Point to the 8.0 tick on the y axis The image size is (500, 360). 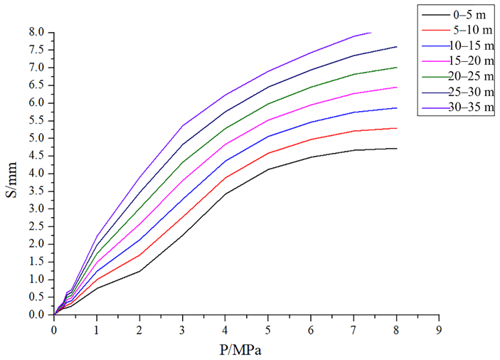[37, 33]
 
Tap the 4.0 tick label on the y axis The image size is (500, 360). [37, 174]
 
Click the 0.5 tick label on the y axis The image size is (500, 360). [37, 297]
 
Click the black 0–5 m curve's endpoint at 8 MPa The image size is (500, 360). [396, 149]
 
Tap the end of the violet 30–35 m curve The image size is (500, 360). [371, 33]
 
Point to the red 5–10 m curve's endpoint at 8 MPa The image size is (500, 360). [396, 128]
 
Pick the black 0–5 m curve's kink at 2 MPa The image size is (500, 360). [139, 271]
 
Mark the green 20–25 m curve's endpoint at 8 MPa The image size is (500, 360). [396, 68]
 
